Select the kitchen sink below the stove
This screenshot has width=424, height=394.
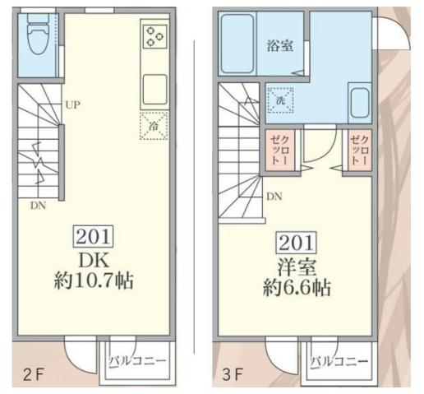[x=154, y=86]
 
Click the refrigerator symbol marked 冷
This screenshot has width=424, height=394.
[x=154, y=125]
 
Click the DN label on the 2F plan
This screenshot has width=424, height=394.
[x=39, y=205]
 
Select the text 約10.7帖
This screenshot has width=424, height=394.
[x=94, y=282]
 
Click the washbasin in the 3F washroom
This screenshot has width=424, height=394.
[x=358, y=103]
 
